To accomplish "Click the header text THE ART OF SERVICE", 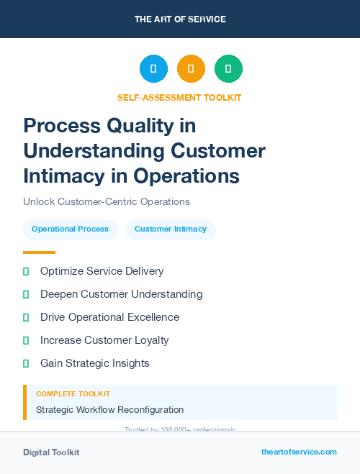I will click(x=180, y=19).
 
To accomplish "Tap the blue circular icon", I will click(x=153, y=69).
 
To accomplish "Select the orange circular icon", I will click(x=191, y=69).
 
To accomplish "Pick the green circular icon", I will click(x=228, y=69).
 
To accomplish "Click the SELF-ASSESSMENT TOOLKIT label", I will click(x=179, y=97).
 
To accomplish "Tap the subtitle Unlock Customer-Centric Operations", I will click(x=107, y=201).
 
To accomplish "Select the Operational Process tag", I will click(x=70, y=229).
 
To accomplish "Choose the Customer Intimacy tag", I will click(x=171, y=229).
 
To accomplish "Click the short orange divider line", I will click(x=39, y=252).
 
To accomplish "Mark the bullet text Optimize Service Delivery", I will click(x=102, y=271).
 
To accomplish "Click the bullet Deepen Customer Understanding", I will click(x=121, y=294).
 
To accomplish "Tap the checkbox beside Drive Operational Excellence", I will click(x=26, y=317).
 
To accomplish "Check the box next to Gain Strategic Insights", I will click(x=26, y=363).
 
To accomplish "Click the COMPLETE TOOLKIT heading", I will click(x=73, y=394).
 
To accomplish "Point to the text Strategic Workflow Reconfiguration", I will click(x=109, y=410).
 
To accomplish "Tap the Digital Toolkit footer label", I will click(x=51, y=452).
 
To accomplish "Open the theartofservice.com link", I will click(x=299, y=452).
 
